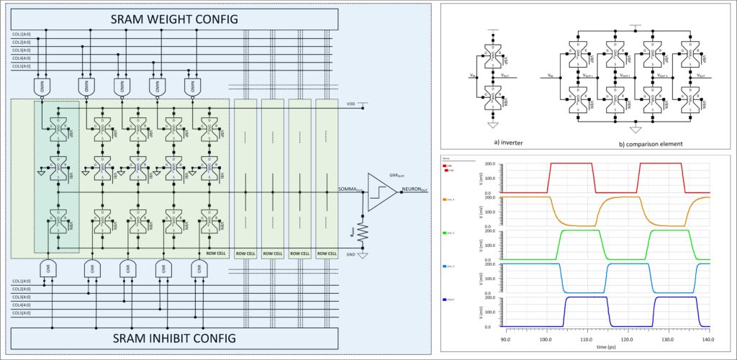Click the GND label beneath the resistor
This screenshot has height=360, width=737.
click(351, 254)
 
